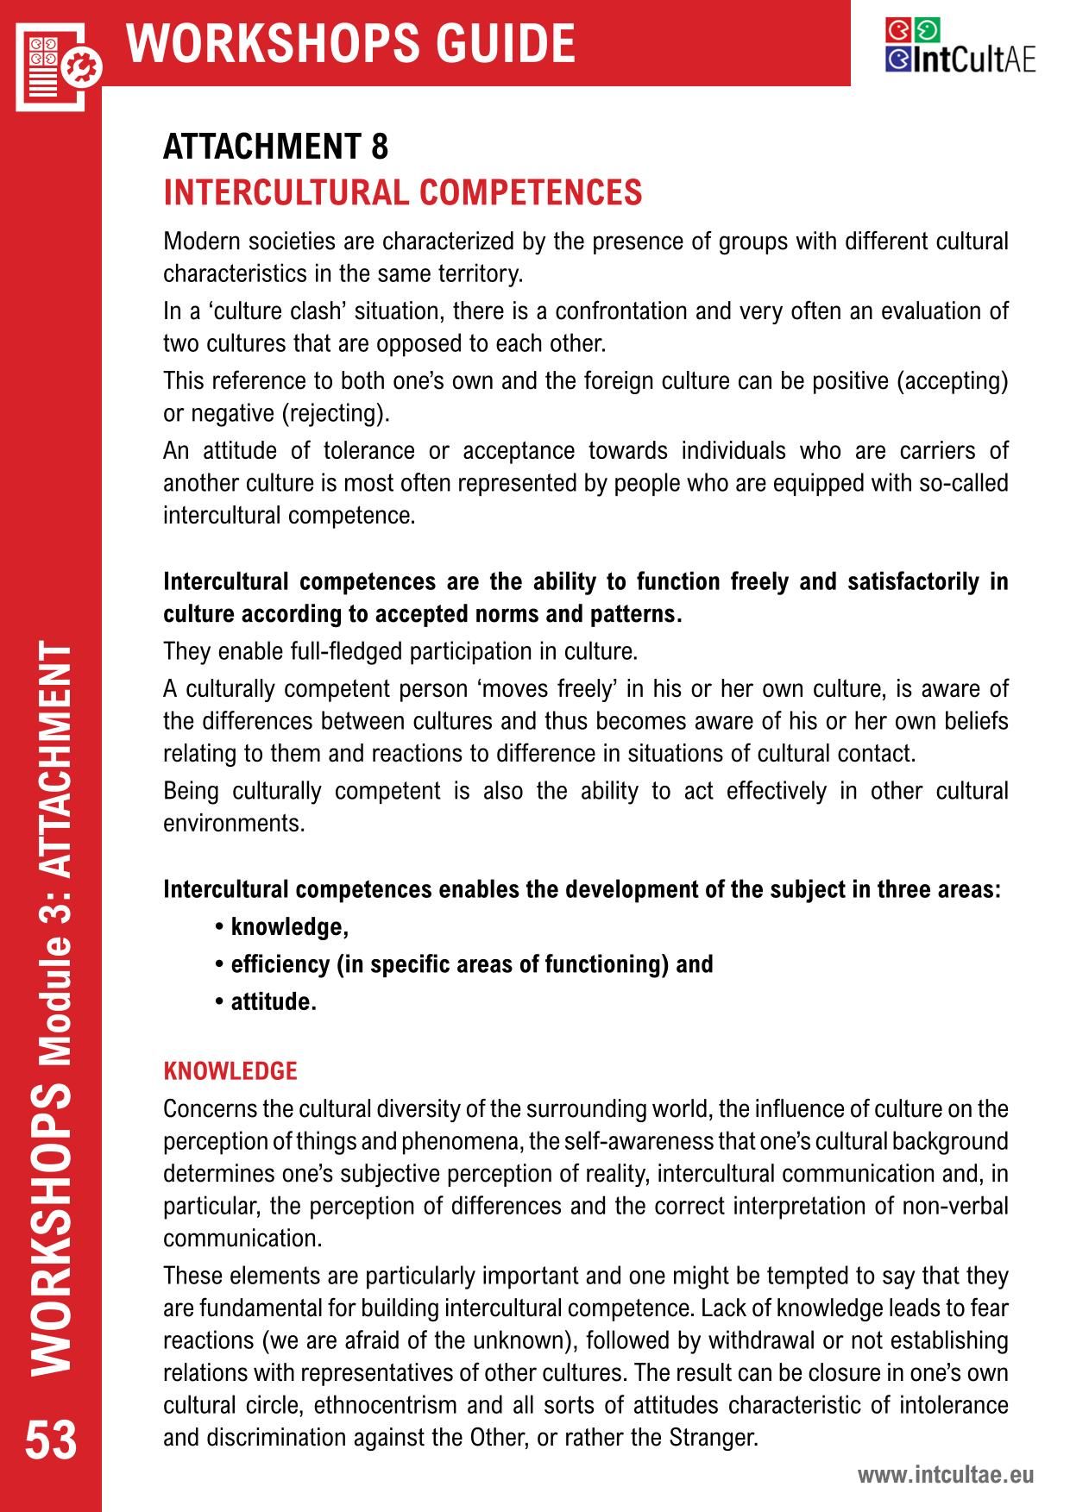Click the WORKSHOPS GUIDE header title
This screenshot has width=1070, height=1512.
click(351, 43)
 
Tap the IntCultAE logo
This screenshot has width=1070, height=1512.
click(960, 47)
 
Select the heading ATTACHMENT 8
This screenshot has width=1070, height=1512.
click(276, 147)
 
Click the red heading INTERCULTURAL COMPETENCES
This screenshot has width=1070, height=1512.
click(403, 192)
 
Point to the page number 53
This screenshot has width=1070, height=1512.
click(51, 1440)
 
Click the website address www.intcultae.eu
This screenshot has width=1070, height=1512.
click(945, 1475)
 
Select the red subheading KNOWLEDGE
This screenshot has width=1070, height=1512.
click(230, 1071)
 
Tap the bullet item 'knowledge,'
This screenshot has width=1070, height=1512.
click(289, 927)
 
